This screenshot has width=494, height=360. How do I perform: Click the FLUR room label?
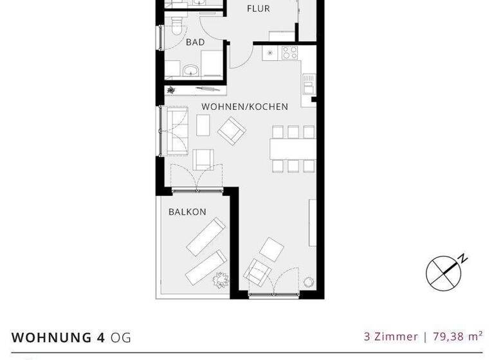click(x=259, y=9)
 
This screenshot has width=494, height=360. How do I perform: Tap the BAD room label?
click(x=195, y=42)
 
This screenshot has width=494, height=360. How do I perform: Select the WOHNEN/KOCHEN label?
click(x=244, y=107)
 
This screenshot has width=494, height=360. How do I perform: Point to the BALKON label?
click(x=187, y=212)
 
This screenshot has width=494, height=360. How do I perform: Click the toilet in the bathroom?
click(x=176, y=26)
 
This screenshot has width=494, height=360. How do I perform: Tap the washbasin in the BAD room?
click(x=190, y=70)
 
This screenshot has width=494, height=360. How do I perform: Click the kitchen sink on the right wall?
click(x=309, y=84)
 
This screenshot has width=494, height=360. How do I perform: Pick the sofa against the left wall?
click(x=176, y=131)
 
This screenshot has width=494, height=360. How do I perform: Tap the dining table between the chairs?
click(x=293, y=149)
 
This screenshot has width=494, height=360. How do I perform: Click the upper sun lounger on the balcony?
click(x=206, y=236)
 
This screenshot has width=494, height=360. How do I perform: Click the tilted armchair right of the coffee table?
click(x=232, y=130)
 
